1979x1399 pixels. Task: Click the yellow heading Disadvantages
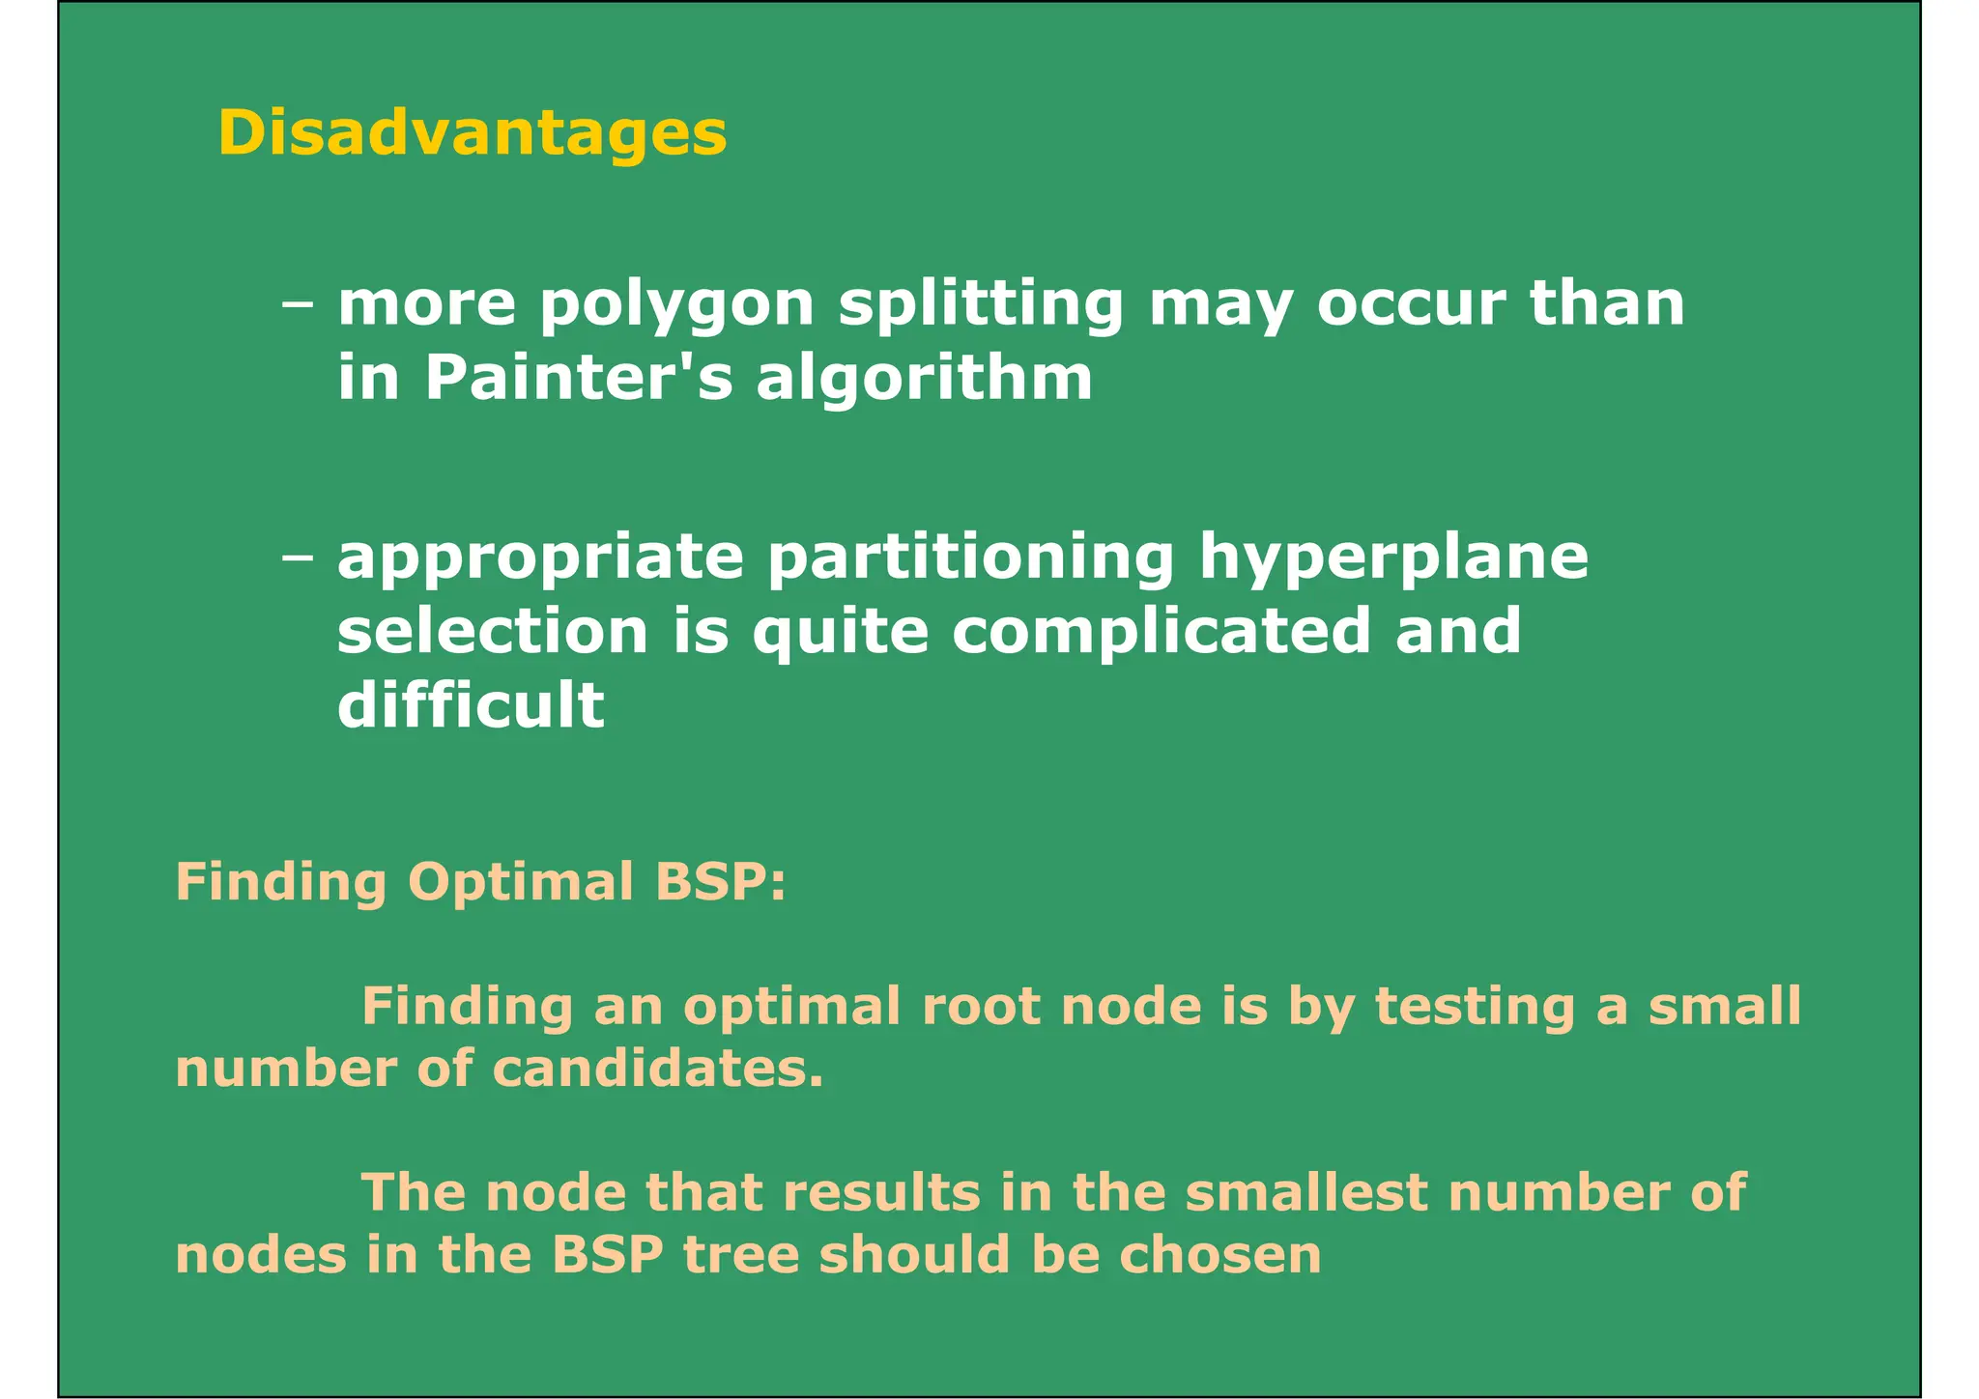(472, 132)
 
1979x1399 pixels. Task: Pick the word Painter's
(579, 377)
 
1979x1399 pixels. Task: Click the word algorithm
(924, 377)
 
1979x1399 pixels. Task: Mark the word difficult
(471, 704)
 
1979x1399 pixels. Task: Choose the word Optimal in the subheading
(520, 881)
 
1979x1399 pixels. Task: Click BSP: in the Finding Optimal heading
(720, 881)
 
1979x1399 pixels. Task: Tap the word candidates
(658, 1069)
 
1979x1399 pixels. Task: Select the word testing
(1474, 1008)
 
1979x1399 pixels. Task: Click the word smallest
(1305, 1192)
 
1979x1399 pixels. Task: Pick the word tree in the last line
(741, 1255)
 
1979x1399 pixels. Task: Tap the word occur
(1411, 305)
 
